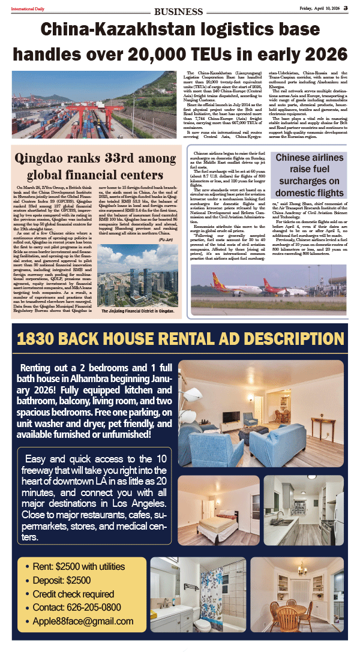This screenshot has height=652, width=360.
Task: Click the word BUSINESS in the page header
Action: (x=178, y=11)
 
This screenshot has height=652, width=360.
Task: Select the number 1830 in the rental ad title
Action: (x=39, y=338)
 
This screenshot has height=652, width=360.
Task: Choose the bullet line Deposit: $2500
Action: (x=62, y=580)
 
